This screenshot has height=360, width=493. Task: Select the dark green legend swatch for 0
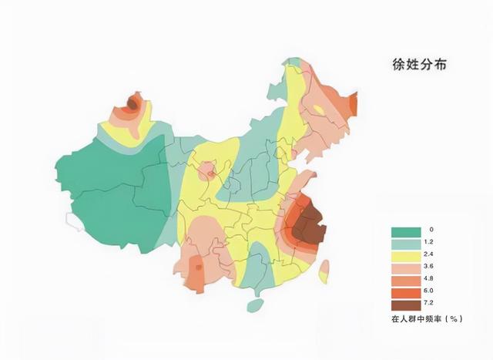coord(406,230)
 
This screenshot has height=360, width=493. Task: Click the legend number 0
coord(432,230)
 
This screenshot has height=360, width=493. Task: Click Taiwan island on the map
coord(324,271)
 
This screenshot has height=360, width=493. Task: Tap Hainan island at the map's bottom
coord(255,305)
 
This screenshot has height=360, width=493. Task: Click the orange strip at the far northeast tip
coord(353,104)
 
